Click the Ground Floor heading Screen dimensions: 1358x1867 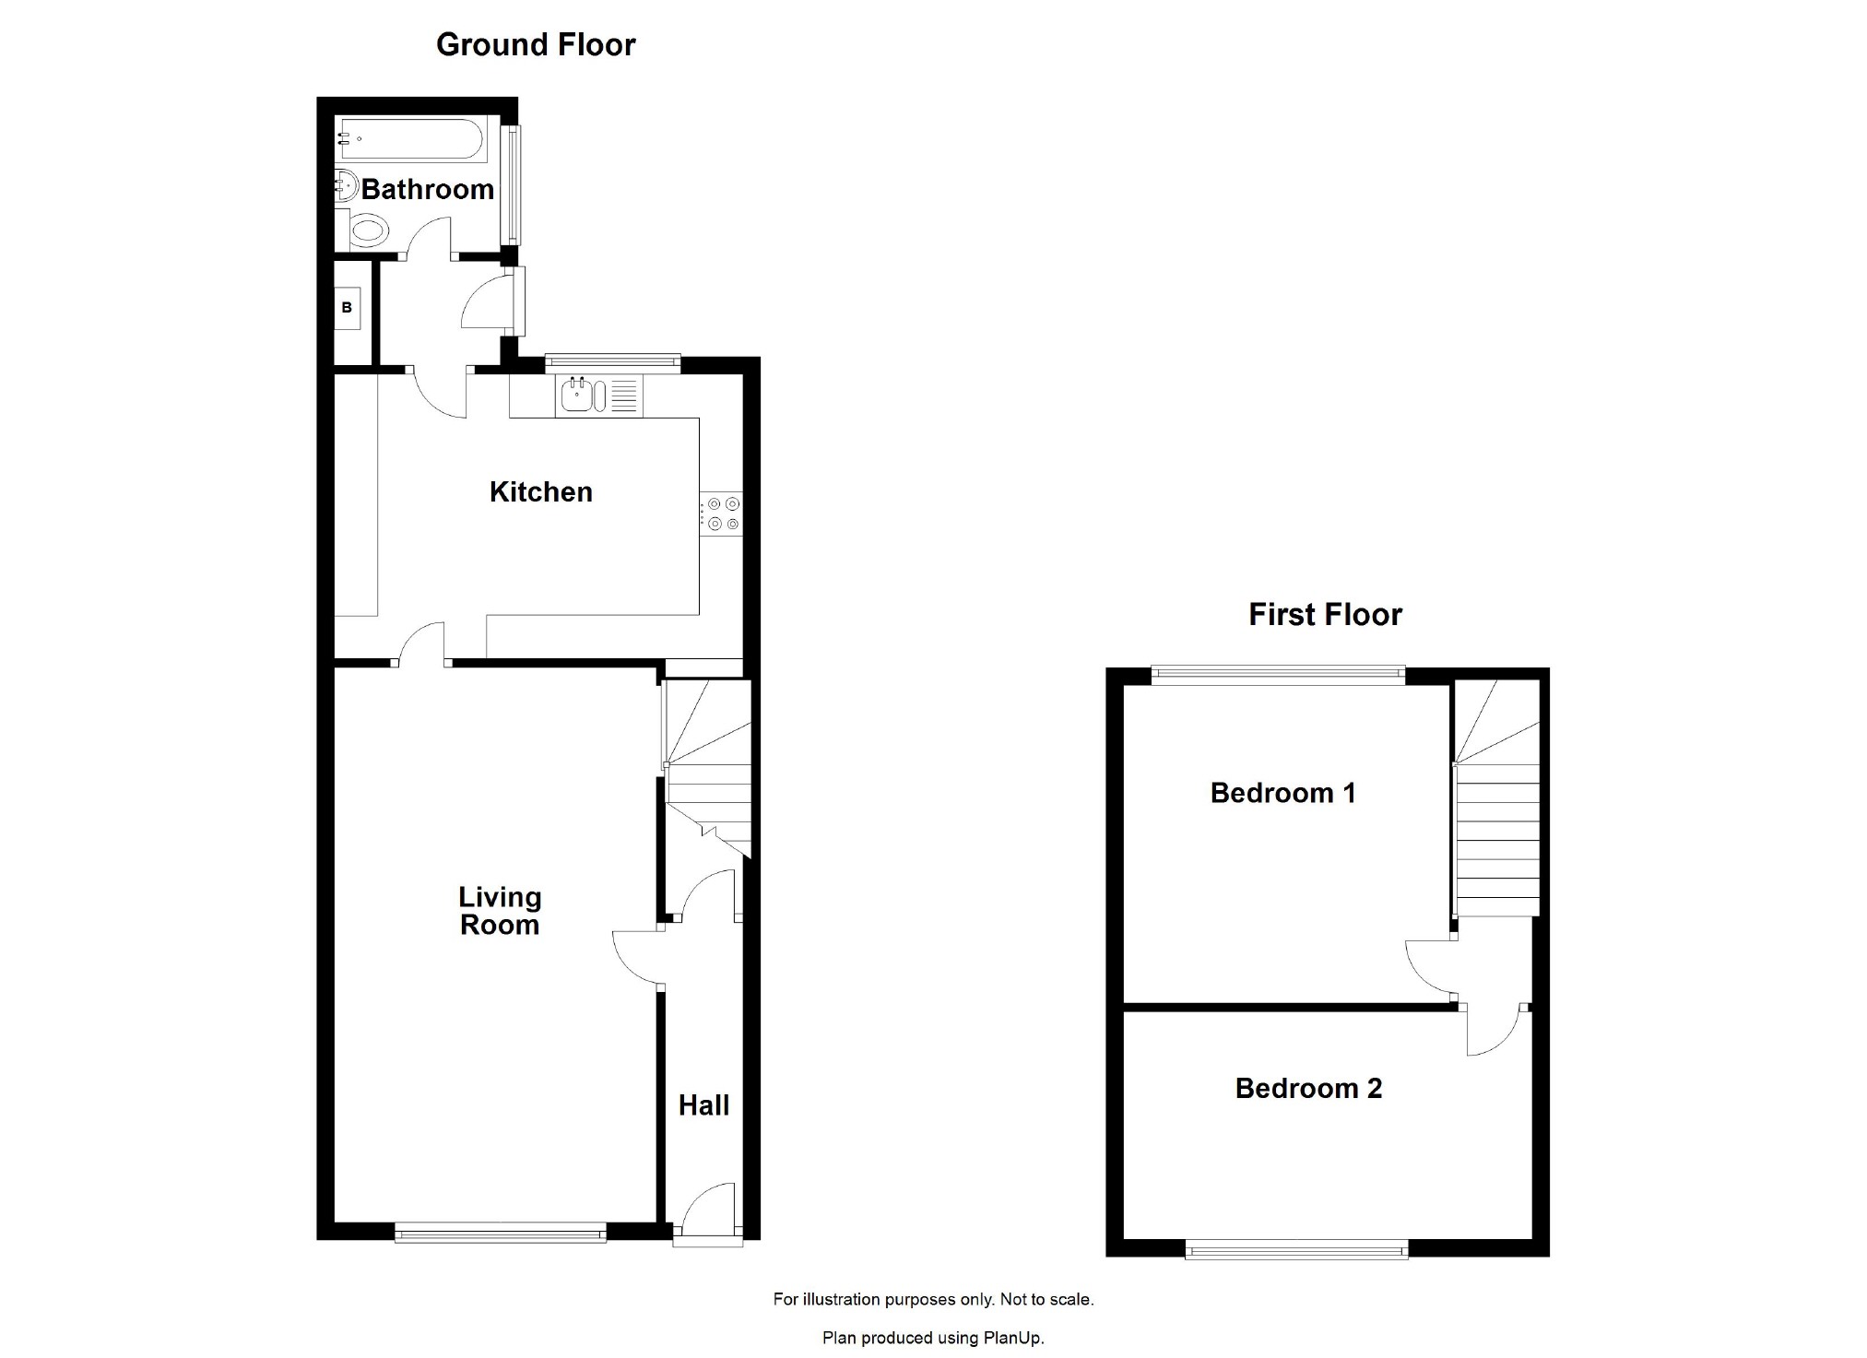pyautogui.click(x=536, y=44)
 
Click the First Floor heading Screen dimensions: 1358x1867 pyautogui.click(x=1325, y=614)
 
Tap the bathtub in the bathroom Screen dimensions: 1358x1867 pyautogui.click(x=409, y=140)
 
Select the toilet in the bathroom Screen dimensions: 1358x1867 pyautogui.click(x=367, y=230)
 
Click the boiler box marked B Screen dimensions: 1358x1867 pyautogui.click(x=347, y=308)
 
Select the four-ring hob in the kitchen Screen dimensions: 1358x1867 pyautogui.click(x=722, y=514)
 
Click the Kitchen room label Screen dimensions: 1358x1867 pyautogui.click(x=540, y=491)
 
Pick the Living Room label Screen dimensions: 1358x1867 pyautogui.click(x=500, y=911)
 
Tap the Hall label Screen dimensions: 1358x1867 pyautogui.click(x=703, y=1104)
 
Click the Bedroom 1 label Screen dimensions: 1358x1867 pyautogui.click(x=1282, y=793)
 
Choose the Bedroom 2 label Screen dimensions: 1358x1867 pyautogui.click(x=1308, y=1088)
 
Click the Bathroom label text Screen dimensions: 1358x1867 pyautogui.click(x=428, y=189)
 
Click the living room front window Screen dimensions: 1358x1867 pyautogui.click(x=500, y=1232)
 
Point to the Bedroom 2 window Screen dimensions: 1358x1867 pyautogui.click(x=1296, y=1250)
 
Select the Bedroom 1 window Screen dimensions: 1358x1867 pyautogui.click(x=1278, y=675)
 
